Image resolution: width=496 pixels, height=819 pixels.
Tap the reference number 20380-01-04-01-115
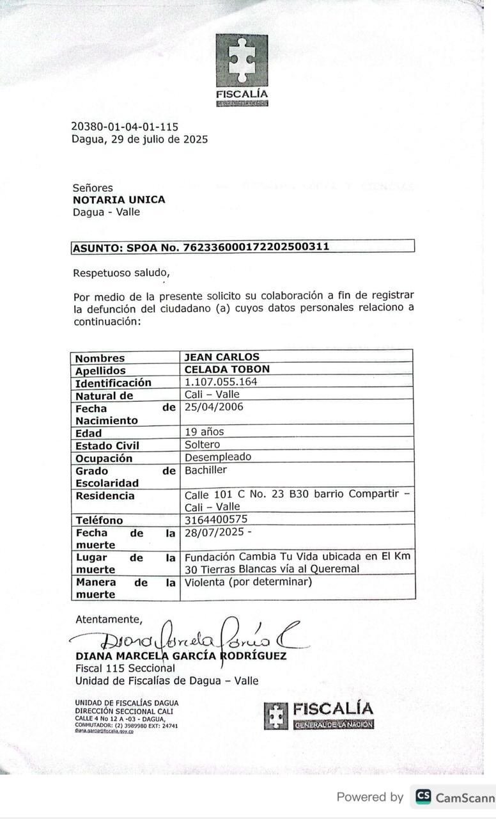[125, 127]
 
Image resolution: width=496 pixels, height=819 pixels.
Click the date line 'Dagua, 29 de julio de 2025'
[139, 139]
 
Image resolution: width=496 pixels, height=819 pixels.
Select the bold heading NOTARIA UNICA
[119, 200]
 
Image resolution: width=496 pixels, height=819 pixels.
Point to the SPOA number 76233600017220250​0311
[256, 246]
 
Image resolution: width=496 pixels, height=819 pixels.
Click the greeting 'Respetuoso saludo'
[121, 273]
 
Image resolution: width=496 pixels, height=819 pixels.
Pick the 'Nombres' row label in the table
[100, 358]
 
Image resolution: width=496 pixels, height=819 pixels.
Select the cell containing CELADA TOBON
[227, 369]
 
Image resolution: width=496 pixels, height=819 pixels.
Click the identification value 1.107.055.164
[221, 382]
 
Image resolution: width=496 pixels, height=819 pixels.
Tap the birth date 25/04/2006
[213, 407]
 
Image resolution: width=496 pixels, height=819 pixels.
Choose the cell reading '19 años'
[204, 432]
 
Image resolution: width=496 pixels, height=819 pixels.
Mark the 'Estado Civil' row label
[107, 445]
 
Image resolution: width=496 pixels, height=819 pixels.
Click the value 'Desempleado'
[217, 457]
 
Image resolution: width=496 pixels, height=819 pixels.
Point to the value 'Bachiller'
[205, 470]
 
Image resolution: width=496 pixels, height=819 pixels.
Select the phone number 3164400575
[215, 520]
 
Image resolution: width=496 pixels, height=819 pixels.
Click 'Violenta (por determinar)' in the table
[248, 582]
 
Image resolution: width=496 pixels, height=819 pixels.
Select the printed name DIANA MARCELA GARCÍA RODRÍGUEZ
[181, 656]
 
